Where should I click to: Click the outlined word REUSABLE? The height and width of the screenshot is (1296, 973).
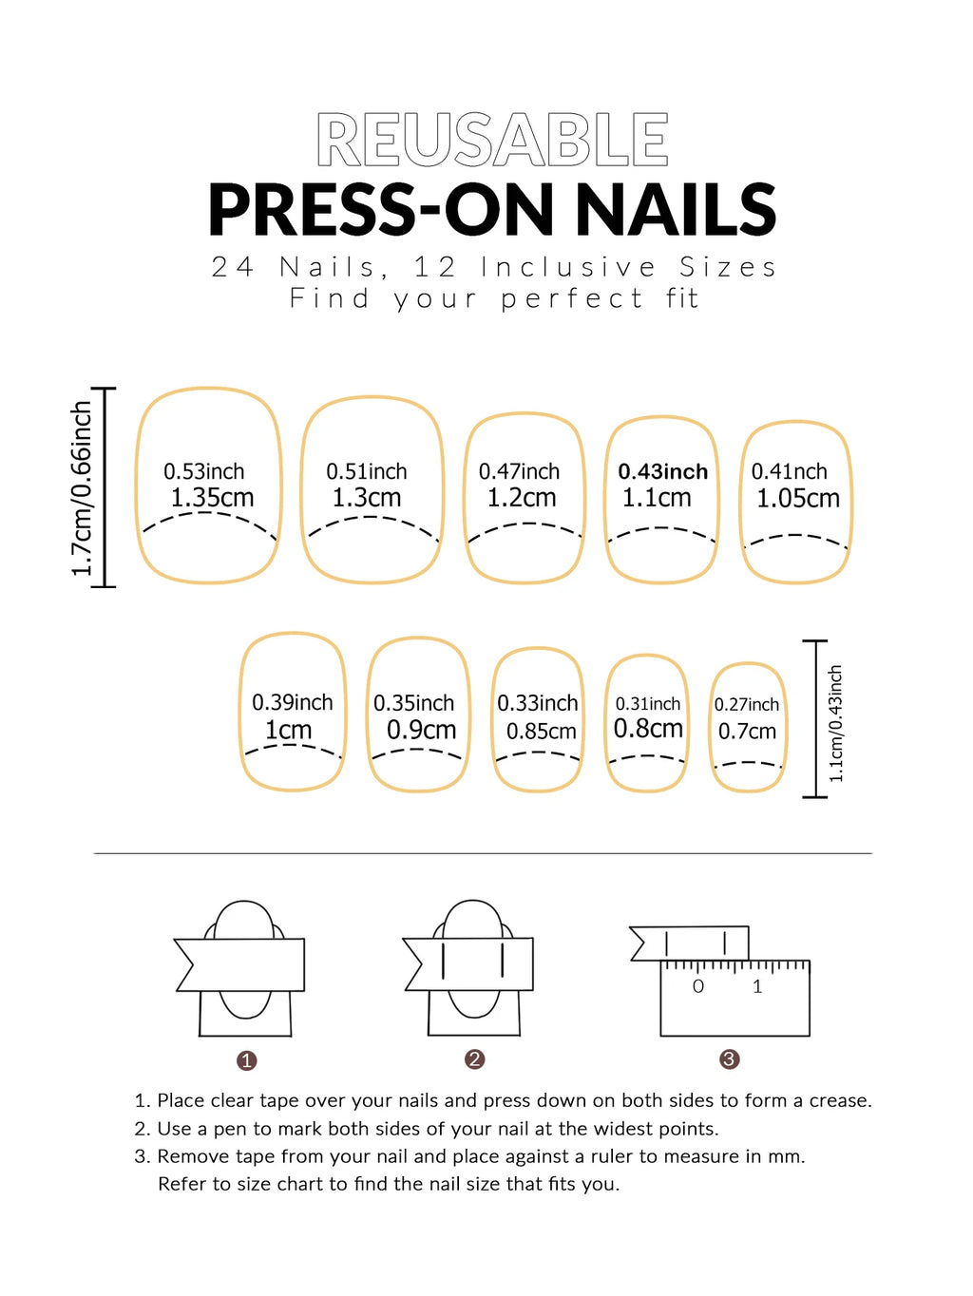click(492, 141)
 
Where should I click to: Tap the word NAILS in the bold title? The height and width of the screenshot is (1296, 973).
click(676, 210)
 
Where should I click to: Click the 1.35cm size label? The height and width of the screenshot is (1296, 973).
click(212, 497)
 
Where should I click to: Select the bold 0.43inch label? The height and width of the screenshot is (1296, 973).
click(662, 471)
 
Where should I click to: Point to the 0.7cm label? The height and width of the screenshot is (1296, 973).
click(747, 731)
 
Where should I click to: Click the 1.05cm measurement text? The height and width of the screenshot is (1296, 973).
click(797, 498)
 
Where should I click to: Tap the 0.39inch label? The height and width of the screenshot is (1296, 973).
click(292, 702)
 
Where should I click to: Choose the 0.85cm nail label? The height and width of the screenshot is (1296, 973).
click(541, 731)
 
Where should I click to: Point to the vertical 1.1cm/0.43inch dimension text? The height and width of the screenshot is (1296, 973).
click(835, 723)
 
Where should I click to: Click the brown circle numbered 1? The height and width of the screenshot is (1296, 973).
click(247, 1060)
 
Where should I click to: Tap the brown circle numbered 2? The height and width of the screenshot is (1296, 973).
click(475, 1059)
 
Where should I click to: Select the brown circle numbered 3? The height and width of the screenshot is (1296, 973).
click(729, 1059)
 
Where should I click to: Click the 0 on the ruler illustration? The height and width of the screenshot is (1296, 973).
click(698, 986)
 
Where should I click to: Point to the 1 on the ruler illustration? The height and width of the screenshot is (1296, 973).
click(757, 986)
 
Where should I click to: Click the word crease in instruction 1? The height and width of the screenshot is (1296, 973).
click(837, 1100)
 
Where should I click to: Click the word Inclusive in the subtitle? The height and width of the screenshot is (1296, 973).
click(567, 267)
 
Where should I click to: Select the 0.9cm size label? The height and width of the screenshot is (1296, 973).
click(421, 730)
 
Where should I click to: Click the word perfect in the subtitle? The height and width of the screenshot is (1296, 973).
click(572, 298)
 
